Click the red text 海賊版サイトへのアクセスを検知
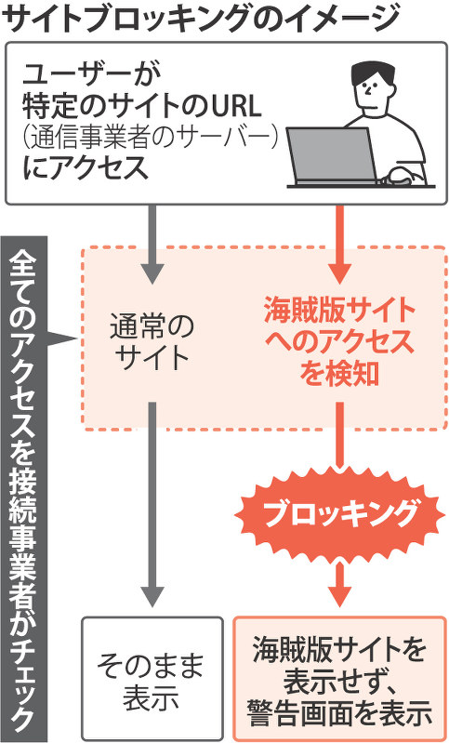point(338,342)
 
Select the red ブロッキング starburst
point(339,514)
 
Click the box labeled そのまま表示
point(152,678)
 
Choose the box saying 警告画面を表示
point(340,678)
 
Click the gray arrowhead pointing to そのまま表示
point(152,596)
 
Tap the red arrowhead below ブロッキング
point(339,596)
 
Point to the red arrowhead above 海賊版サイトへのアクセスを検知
point(339,273)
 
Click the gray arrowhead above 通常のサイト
point(152,273)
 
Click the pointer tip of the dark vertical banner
point(77,338)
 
